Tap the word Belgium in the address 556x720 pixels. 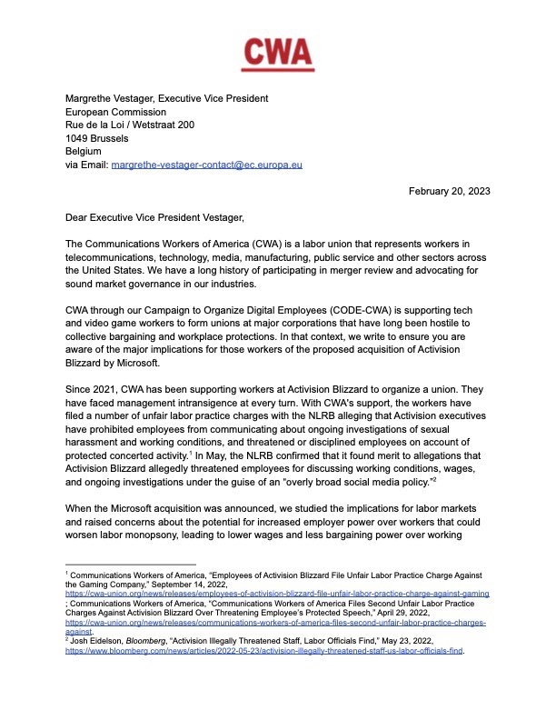click(85, 152)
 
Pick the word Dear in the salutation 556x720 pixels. click(79, 218)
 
